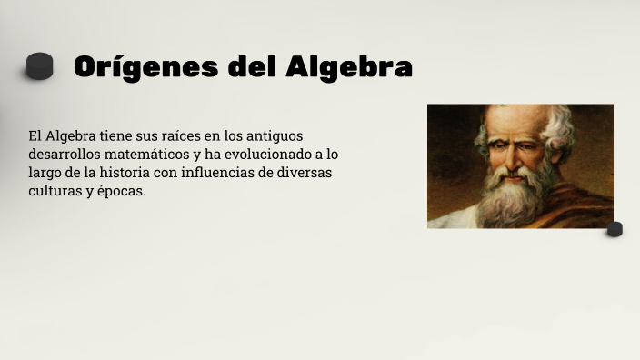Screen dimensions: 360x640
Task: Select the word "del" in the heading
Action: [247, 67]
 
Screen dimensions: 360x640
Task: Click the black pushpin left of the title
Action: [40, 66]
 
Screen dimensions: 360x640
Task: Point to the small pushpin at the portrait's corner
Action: [615, 228]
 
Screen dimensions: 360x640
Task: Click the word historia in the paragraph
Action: [125, 173]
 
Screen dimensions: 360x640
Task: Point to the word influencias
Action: [220, 173]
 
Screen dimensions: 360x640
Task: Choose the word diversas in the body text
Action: [305, 173]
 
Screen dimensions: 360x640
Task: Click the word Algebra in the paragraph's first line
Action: [72, 135]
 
